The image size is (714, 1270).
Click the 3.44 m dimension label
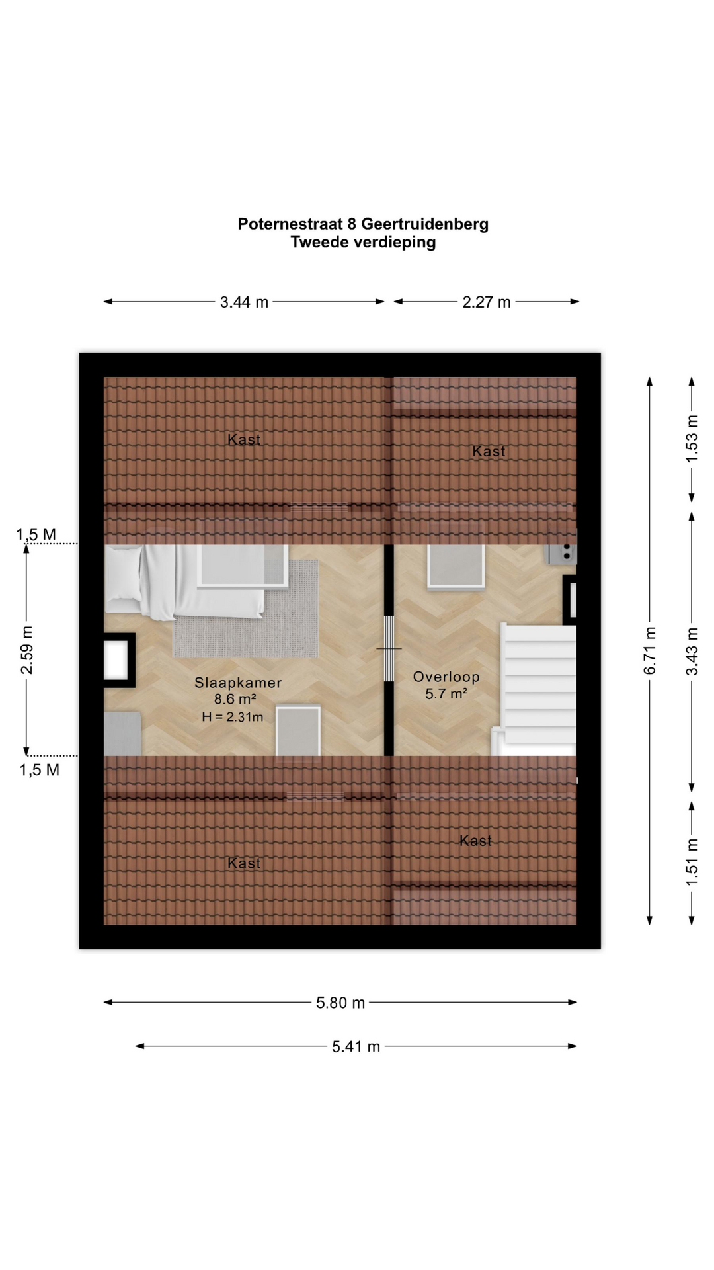pyautogui.click(x=244, y=302)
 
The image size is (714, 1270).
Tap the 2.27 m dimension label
pyautogui.click(x=487, y=302)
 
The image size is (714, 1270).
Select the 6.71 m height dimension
pyautogui.click(x=651, y=651)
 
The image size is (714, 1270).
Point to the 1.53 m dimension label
pyautogui.click(x=692, y=439)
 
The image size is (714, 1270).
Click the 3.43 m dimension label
pyautogui.click(x=692, y=651)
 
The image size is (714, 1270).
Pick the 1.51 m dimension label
pyautogui.click(x=692, y=862)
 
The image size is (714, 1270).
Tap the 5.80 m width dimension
pyautogui.click(x=340, y=1003)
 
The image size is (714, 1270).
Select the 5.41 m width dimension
pyautogui.click(x=356, y=1046)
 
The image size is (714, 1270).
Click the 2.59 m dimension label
pyautogui.click(x=27, y=650)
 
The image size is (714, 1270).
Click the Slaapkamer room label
pyautogui.click(x=238, y=683)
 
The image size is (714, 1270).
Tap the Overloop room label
pyautogui.click(x=446, y=677)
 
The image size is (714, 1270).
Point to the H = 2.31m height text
pyautogui.click(x=233, y=717)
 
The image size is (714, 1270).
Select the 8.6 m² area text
pyautogui.click(x=235, y=699)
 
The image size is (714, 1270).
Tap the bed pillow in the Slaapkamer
pyautogui.click(x=124, y=573)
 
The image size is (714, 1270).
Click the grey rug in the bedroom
pyautogui.click(x=246, y=609)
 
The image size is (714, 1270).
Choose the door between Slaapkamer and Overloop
pyautogui.click(x=389, y=649)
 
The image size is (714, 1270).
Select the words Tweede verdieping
pyautogui.click(x=363, y=243)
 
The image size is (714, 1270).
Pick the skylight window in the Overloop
pyautogui.click(x=456, y=566)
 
